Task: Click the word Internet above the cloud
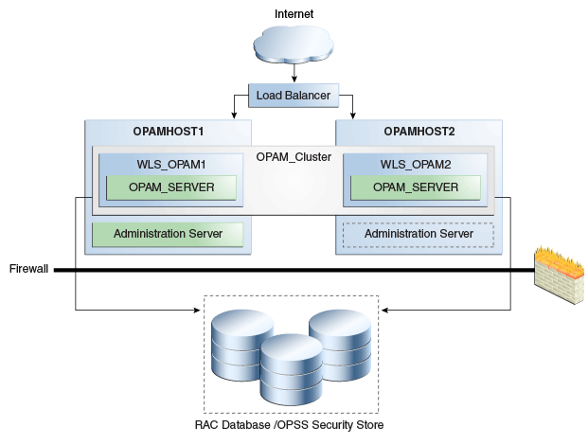[294, 13]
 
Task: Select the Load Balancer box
[294, 95]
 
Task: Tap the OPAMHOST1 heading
[168, 131]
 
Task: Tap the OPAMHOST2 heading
[417, 131]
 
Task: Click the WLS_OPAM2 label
[416, 165]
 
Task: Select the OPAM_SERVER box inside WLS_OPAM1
[171, 187]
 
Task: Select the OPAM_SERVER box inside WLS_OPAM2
[416, 187]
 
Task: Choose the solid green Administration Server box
[168, 234]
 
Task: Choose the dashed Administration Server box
[419, 234]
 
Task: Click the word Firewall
[28, 269]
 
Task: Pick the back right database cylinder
[338, 338]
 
